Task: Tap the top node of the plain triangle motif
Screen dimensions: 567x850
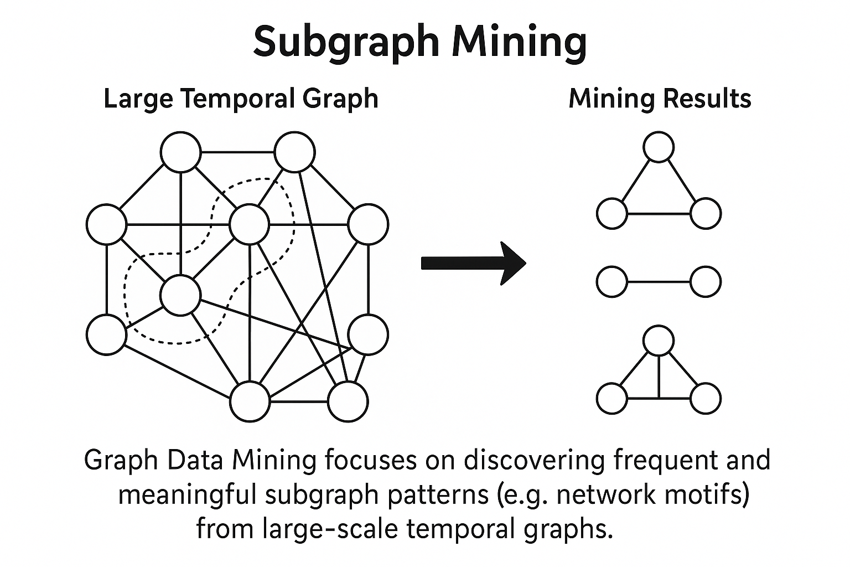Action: point(659,147)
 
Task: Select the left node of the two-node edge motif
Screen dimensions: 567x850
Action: point(611,281)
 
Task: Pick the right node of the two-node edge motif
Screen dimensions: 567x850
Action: point(706,281)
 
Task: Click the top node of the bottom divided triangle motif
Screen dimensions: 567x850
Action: point(659,340)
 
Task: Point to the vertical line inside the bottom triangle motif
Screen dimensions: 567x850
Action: point(659,377)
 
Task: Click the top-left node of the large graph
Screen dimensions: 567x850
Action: point(181,152)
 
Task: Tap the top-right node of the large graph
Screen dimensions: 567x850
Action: point(295,152)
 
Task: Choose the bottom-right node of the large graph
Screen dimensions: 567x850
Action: point(348,401)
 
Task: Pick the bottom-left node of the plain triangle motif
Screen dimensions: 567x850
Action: point(611,214)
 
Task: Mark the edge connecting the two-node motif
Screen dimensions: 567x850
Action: point(659,281)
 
